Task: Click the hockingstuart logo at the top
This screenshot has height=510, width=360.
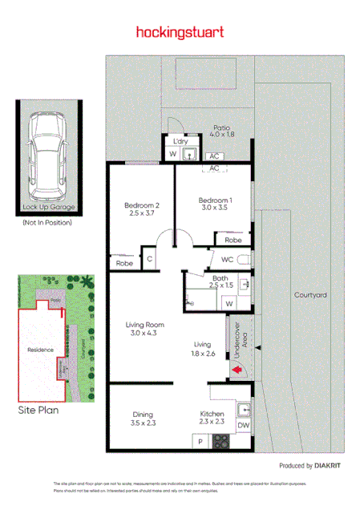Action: tap(180, 33)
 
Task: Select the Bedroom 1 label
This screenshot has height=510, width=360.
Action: tap(212, 203)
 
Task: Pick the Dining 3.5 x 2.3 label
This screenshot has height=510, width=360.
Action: tap(144, 419)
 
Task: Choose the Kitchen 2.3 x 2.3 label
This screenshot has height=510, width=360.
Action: tap(212, 419)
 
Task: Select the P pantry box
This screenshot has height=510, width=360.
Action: tap(199, 442)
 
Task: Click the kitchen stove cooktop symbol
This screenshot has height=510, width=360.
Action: tap(220, 442)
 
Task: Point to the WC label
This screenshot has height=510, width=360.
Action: tap(227, 259)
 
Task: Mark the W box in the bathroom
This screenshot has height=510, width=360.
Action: tap(229, 304)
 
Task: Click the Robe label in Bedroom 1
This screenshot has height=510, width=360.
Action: tap(233, 240)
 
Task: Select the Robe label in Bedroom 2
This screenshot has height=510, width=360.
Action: tap(124, 263)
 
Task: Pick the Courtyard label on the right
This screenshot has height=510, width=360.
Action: tap(310, 295)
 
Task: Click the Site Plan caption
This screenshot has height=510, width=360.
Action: tap(38, 409)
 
